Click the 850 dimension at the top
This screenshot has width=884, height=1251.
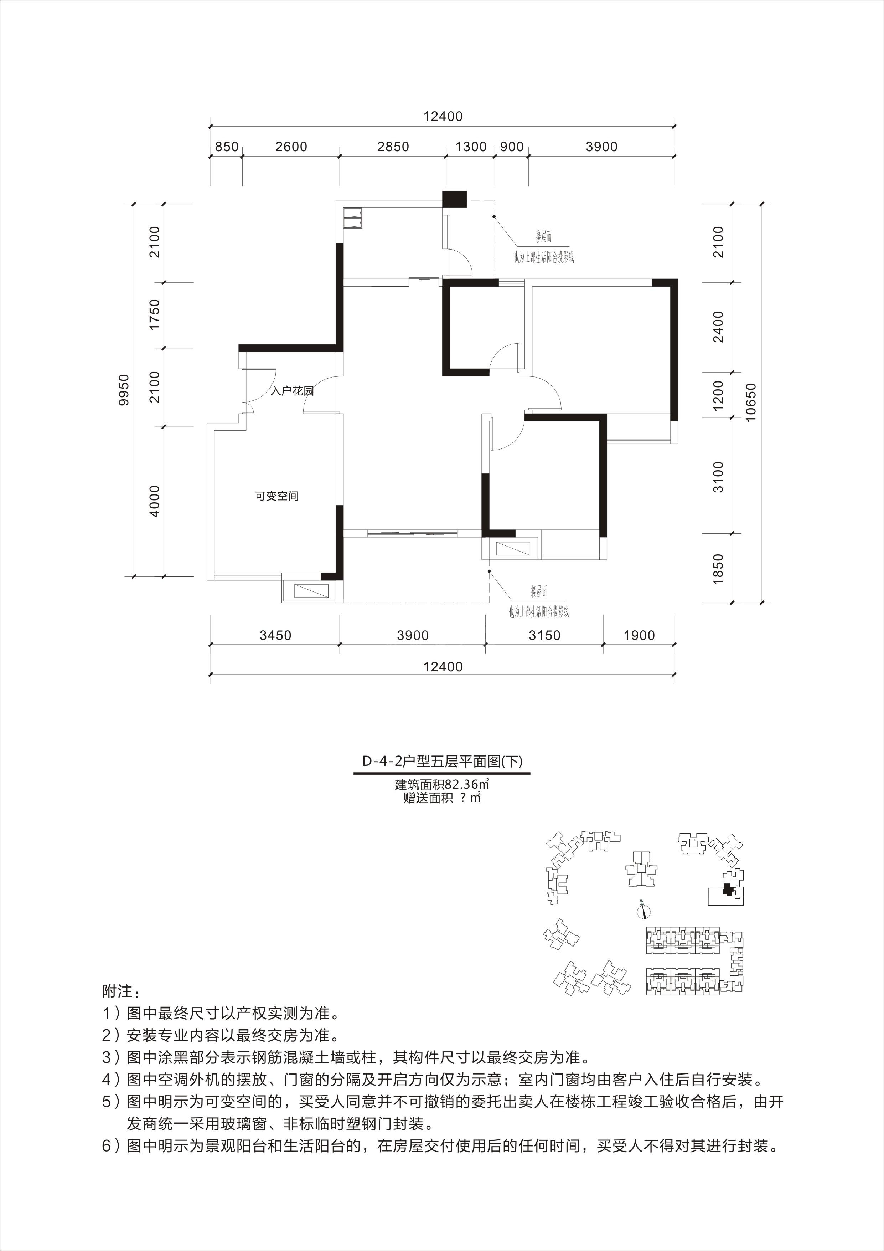(227, 147)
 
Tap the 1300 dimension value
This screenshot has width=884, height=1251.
(471, 147)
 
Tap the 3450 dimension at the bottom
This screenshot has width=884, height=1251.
(275, 635)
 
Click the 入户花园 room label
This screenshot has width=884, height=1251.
(293, 391)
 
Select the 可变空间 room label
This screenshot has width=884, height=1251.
(277, 496)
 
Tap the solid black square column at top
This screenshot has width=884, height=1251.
(455, 199)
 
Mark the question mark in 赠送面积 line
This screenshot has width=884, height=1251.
(462, 799)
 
